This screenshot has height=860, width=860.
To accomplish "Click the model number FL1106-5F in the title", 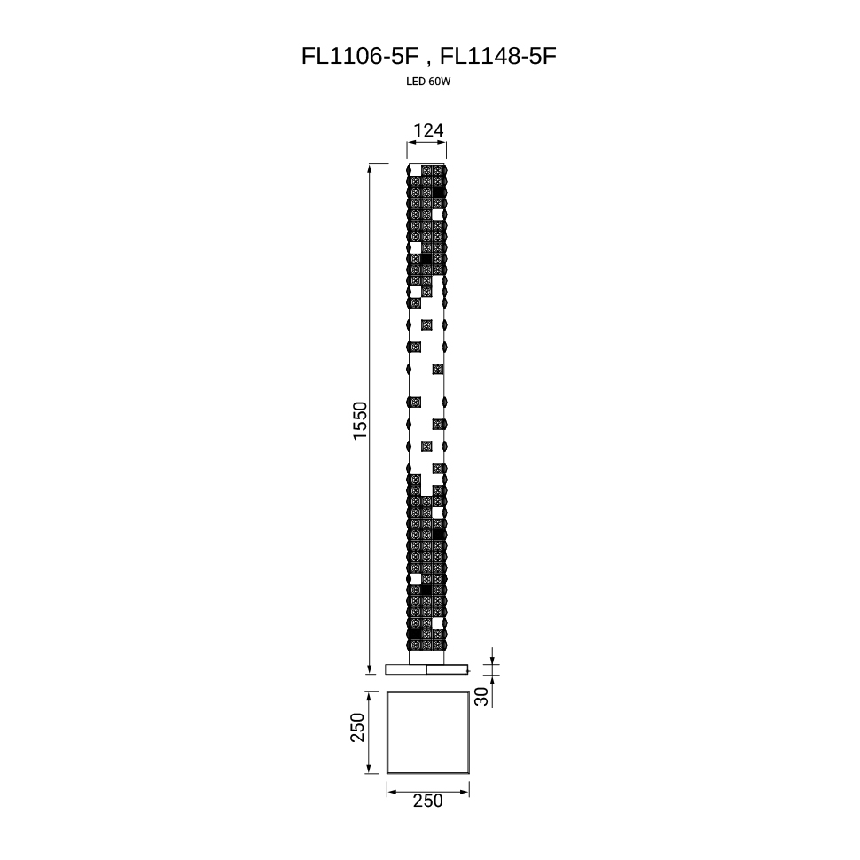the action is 360,56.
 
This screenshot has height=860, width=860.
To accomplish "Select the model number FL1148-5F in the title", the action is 498,56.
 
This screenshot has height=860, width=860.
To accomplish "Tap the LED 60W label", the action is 428,82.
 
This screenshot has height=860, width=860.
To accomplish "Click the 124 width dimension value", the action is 428,130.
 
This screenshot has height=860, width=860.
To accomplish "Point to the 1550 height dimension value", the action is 360,420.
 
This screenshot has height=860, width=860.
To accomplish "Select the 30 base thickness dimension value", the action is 481,697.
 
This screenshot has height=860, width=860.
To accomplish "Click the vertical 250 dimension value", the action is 357,727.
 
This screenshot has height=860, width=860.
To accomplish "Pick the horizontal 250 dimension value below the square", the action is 428,801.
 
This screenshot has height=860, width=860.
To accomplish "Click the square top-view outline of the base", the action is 387,732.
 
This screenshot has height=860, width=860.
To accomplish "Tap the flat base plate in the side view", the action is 426,669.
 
